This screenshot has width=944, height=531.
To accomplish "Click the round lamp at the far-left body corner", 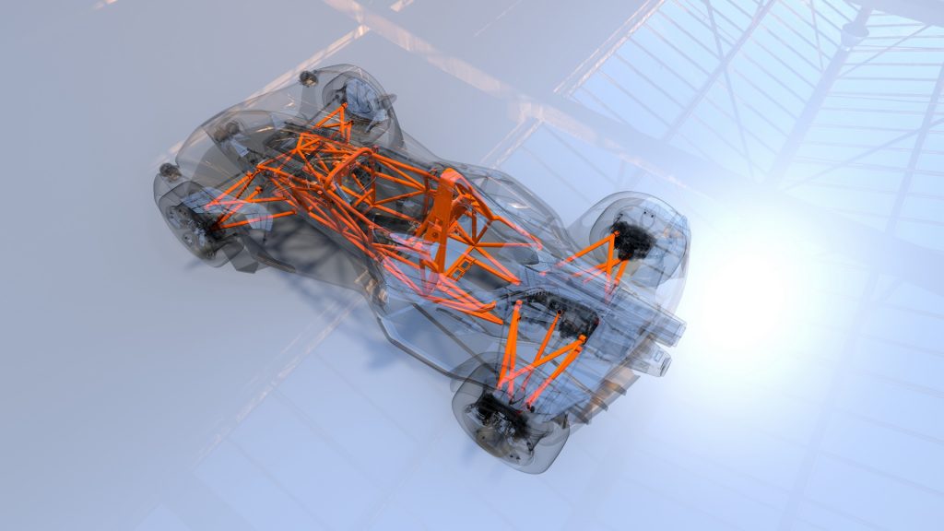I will click(169, 171).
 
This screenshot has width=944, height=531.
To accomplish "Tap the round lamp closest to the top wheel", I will click(309, 78).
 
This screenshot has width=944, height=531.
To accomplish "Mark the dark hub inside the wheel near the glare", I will click(634, 239).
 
